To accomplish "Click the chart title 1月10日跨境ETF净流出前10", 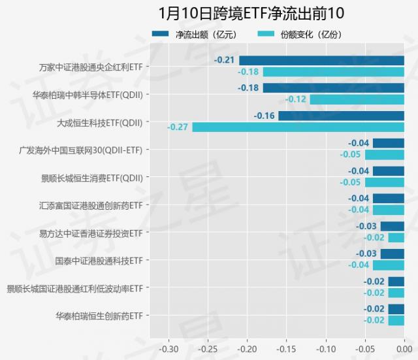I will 251,13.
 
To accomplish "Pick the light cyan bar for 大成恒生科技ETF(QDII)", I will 298,127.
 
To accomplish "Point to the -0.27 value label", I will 178,127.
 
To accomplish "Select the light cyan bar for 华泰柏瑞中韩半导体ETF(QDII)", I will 357,99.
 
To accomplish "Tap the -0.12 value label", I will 296,99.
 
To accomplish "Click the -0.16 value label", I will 264,116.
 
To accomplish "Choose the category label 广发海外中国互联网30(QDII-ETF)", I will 81,150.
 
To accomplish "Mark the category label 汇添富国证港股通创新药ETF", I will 91,205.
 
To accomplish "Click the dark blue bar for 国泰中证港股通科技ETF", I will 392,254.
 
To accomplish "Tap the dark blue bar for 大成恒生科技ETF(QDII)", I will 341,116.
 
